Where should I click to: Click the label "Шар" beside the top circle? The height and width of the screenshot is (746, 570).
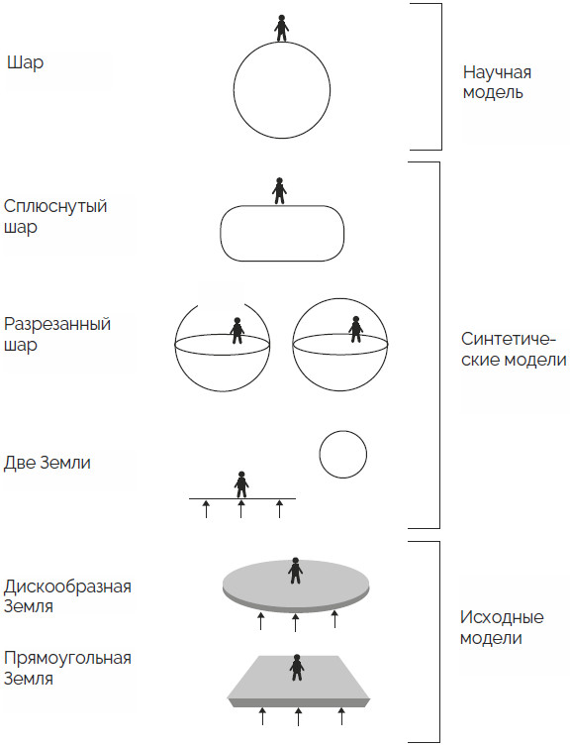pos(25,62)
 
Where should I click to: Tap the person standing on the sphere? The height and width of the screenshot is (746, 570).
pos(282,28)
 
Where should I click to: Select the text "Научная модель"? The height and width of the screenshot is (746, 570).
pos(497,82)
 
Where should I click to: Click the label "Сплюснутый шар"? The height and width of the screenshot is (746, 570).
pos(55,217)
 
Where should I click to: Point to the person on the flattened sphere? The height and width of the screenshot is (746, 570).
pos(279,191)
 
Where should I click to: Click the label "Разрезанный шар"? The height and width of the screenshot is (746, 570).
pos(57,334)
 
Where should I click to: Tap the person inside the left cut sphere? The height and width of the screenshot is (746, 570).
pos(237,331)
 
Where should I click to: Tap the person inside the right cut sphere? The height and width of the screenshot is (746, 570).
pos(355,329)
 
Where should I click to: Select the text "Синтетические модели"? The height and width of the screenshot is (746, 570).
pos(514,349)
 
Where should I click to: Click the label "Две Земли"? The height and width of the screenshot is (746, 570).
pos(47,463)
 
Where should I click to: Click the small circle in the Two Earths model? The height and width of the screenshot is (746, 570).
pos(342,455)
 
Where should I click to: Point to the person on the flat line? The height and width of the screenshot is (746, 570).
pos(241,484)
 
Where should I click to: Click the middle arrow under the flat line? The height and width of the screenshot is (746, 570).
pos(241,508)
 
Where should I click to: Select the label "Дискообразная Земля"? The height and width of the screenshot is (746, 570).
pos(67,596)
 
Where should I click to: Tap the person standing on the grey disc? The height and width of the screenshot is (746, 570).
pos(296,571)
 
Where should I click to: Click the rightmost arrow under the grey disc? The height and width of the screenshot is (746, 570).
pos(334,619)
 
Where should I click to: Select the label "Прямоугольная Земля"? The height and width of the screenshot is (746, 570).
pos(67,668)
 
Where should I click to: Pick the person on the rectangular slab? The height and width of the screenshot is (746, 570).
pos(297,668)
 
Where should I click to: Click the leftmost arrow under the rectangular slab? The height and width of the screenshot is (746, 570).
pos(262,716)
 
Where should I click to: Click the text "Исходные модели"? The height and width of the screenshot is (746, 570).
pos(502,627)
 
